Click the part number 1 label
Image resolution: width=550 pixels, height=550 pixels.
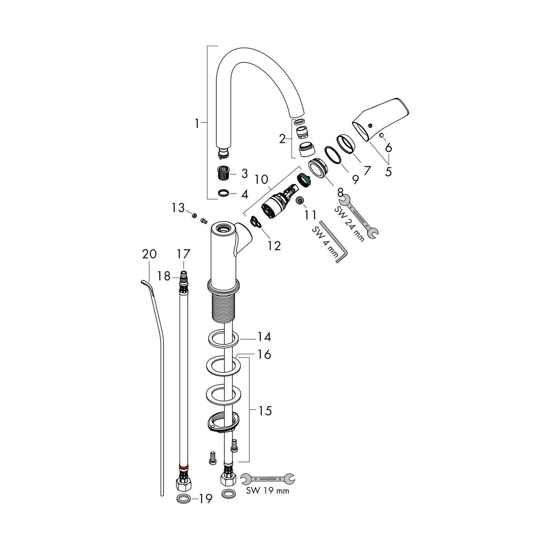click(197, 124)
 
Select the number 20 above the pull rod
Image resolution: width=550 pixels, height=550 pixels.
click(149, 254)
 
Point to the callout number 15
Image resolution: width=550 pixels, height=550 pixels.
click(264, 411)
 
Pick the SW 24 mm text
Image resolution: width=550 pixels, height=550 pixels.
click(349, 224)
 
